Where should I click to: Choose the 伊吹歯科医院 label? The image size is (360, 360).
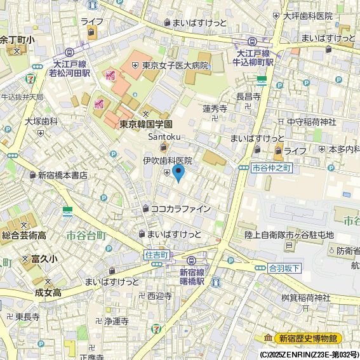(167, 161)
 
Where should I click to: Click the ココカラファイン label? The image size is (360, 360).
(180, 208)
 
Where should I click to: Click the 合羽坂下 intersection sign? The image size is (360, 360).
(284, 267)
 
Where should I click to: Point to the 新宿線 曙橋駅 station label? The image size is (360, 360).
(191, 276)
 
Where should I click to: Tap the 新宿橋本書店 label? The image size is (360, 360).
(62, 175)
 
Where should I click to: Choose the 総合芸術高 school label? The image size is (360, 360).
(23, 236)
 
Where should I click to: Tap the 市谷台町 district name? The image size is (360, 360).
(86, 236)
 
